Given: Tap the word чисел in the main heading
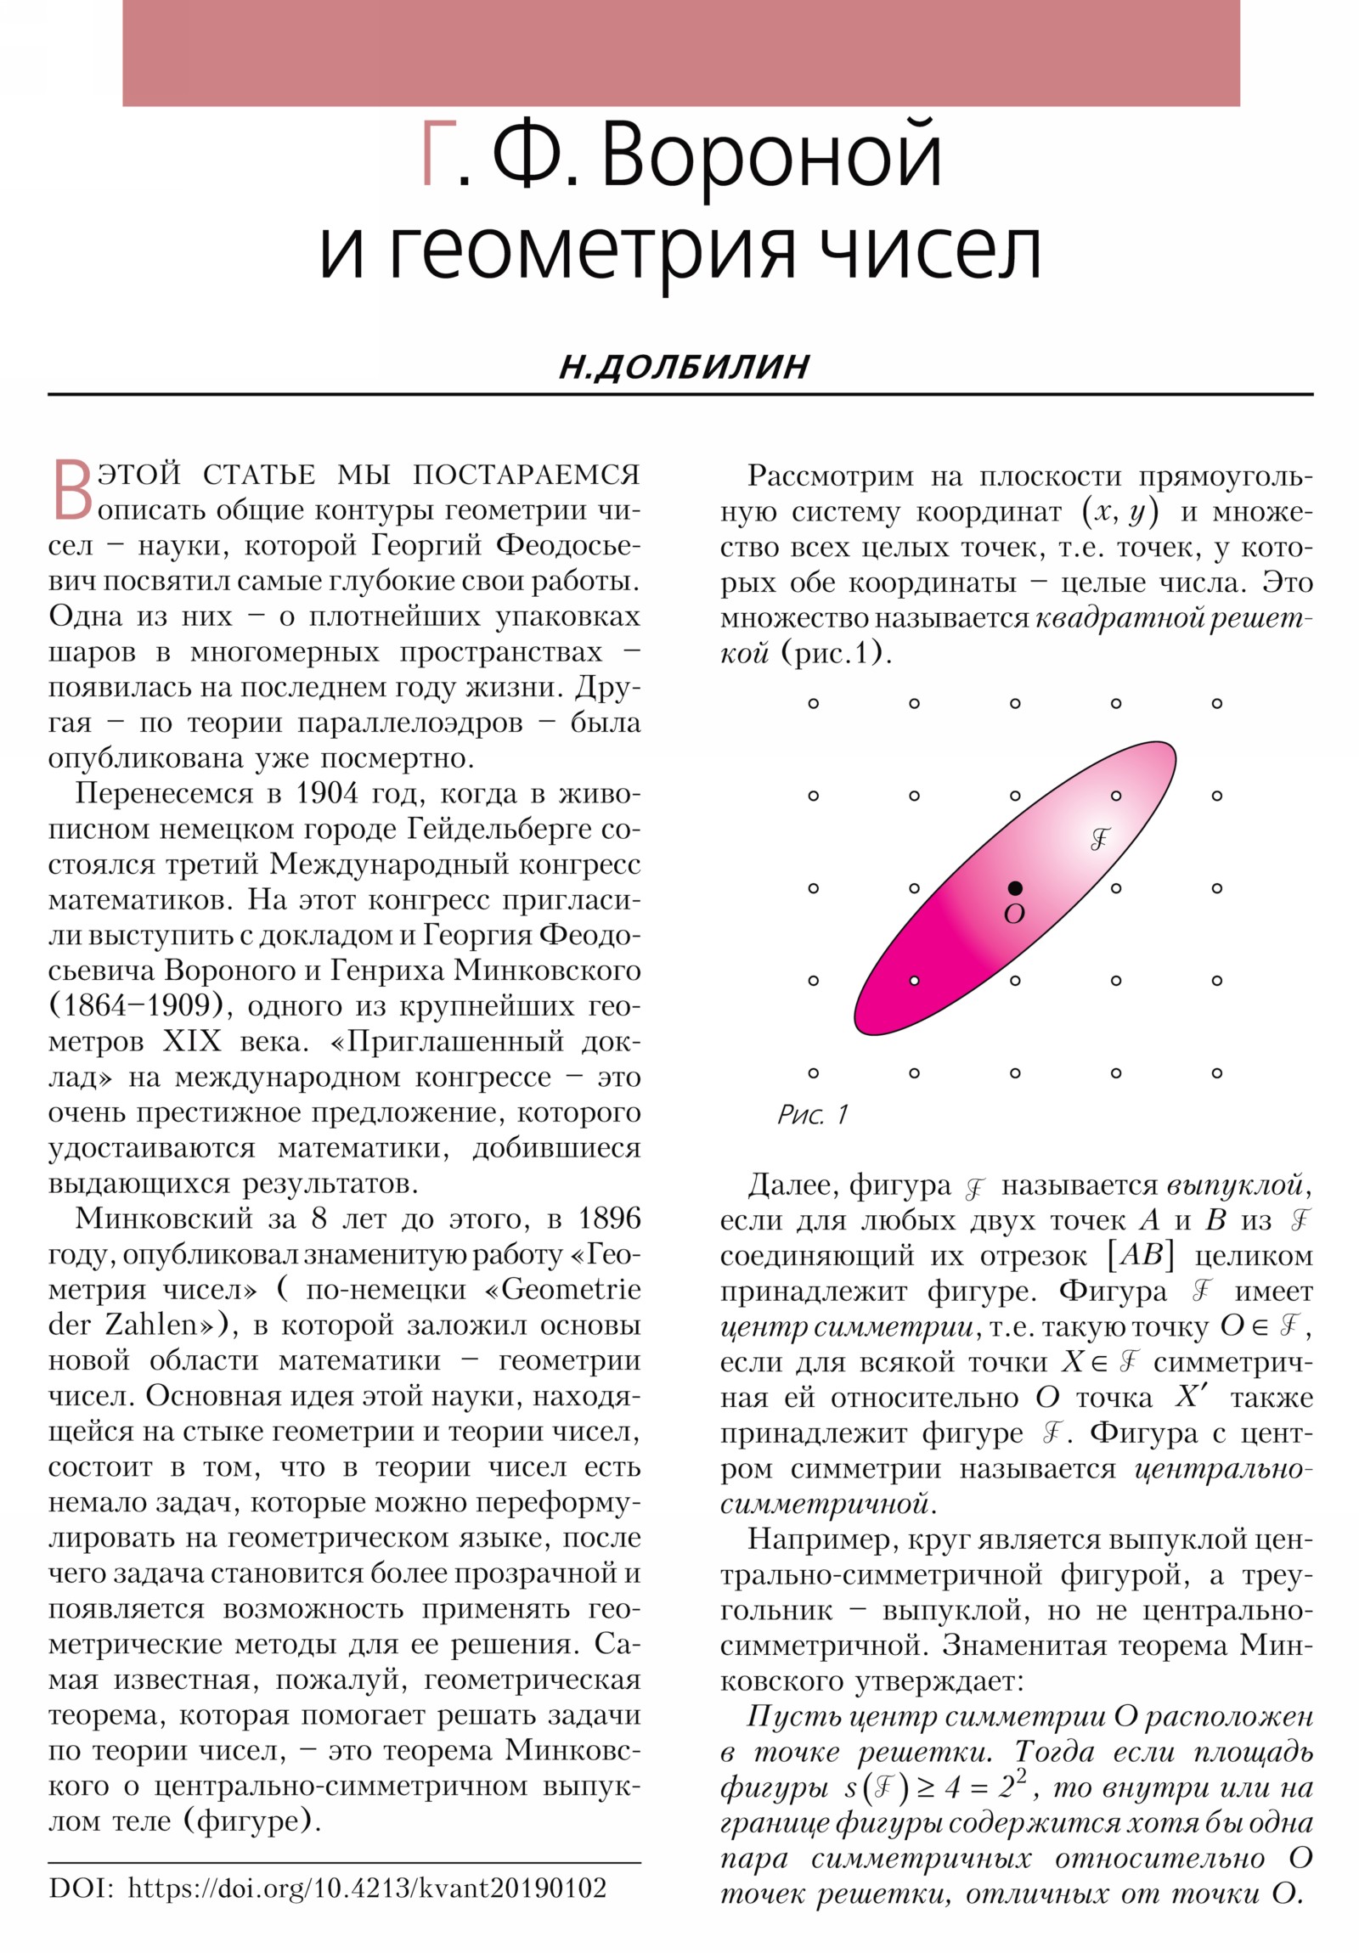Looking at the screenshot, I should (929, 252).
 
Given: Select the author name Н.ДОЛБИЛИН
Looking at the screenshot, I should (685, 367).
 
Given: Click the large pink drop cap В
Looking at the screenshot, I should (72, 491).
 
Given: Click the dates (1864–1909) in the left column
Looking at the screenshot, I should (140, 1005).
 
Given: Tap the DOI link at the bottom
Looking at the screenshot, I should (367, 1888).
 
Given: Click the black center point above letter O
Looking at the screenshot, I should (1014, 888).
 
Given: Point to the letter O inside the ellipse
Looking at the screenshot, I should (1013, 915).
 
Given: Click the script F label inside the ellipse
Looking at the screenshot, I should (1100, 840).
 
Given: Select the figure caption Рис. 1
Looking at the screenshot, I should (813, 1114).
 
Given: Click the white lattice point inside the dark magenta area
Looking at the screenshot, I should (914, 981).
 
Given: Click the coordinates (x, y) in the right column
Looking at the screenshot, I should (1119, 512).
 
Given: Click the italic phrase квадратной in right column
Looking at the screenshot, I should (1117, 618).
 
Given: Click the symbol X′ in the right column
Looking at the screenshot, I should (1193, 1397).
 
